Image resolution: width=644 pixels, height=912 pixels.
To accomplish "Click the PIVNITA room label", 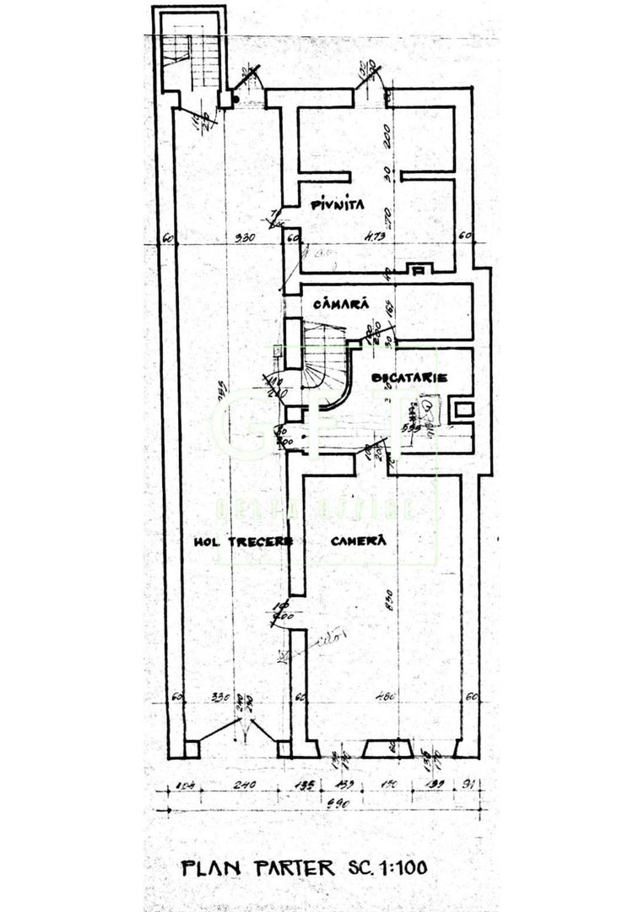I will (x=336, y=204).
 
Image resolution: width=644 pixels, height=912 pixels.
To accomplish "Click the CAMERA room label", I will (x=358, y=540).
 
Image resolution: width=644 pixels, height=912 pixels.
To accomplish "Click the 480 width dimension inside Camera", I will (x=385, y=697).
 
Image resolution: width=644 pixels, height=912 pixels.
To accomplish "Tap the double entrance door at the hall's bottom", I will (x=239, y=731).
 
